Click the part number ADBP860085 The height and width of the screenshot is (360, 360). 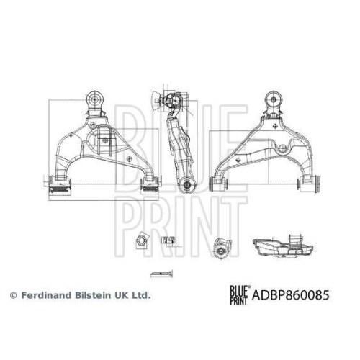click(290, 295)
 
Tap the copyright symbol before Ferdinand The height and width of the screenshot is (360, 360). click(14, 295)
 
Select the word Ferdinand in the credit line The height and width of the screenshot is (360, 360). click(45, 295)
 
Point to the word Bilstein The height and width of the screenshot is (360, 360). click(92, 295)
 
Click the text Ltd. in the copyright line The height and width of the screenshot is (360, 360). click(141, 295)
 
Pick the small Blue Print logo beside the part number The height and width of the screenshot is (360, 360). click(240, 295)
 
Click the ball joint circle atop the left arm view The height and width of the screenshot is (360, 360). click(95, 99)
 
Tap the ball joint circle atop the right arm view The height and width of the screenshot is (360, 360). click(274, 99)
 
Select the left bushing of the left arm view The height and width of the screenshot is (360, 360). click(60, 184)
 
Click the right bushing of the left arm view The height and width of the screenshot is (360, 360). click(150, 184)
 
